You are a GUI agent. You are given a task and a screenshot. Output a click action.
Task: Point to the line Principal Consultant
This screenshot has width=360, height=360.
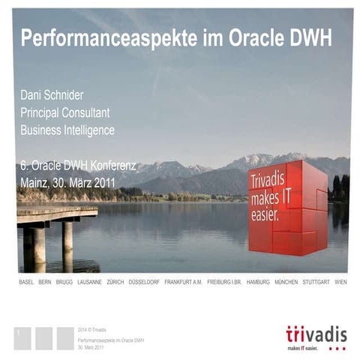65,112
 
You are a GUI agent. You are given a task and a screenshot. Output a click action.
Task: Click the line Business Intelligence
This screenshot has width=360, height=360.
67,130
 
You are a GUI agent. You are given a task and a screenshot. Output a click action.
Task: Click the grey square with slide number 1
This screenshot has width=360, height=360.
22,337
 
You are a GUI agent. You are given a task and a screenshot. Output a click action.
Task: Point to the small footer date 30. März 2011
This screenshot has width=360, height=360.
91,347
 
